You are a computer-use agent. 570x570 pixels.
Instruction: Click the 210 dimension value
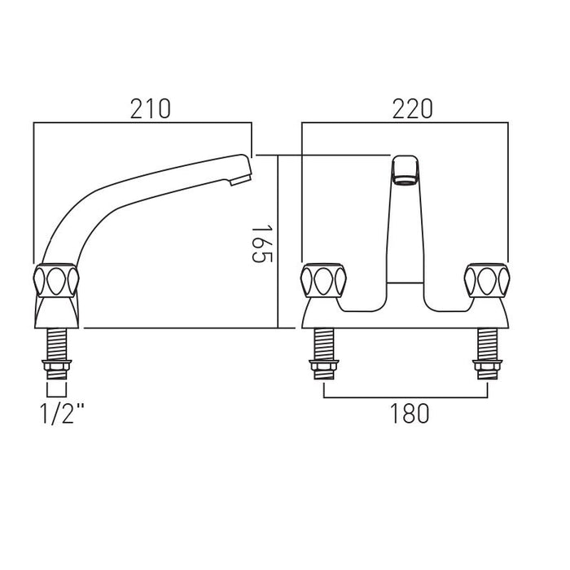click(151, 108)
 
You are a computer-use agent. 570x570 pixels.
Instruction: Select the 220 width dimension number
click(412, 108)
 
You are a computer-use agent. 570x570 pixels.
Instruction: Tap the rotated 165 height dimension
click(261, 243)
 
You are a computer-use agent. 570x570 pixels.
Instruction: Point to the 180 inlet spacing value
click(410, 414)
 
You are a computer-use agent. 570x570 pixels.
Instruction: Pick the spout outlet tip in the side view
click(241, 179)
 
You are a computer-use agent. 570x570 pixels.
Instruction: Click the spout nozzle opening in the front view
click(405, 179)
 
